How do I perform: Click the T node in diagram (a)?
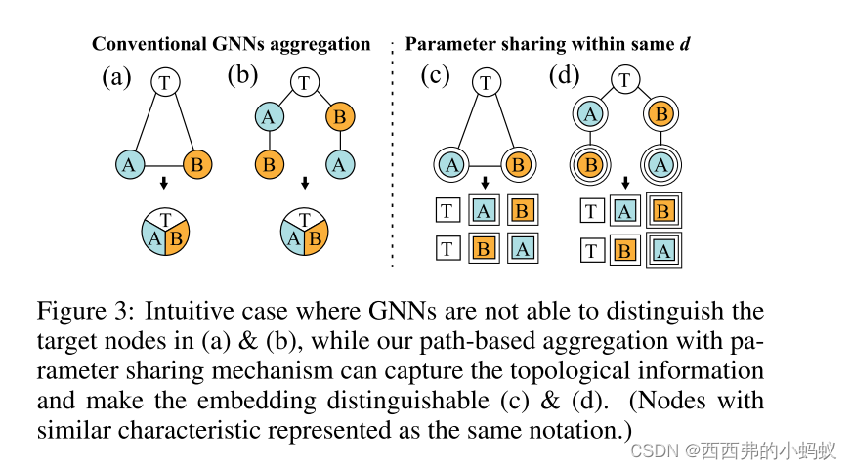pos(165,81)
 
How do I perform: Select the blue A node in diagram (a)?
pos(129,163)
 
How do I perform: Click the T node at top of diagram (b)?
pos(304,82)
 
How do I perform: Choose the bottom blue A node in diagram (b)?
pos(339,163)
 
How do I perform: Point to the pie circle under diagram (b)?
pos(304,232)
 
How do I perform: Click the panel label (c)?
pos(436,75)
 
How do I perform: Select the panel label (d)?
pos(565,75)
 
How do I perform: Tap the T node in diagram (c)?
pos(485,82)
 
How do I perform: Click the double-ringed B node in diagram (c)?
pos(519,164)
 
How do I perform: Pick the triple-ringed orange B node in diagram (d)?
pos(589,164)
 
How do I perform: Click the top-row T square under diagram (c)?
pos(447,209)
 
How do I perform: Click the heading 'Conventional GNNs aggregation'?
pos(232,43)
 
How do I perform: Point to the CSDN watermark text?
pos(732,449)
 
